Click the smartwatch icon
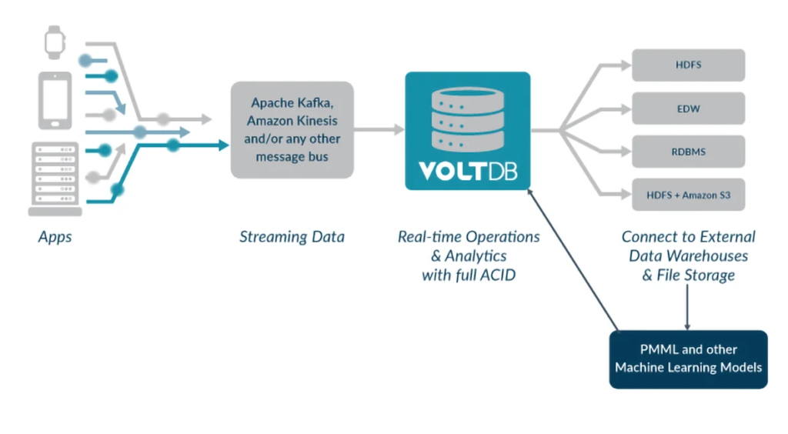pos(55,42)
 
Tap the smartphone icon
pos(55,101)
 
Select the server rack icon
pos(55,179)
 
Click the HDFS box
pos(688,65)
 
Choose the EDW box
pos(688,108)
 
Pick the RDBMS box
pos(688,152)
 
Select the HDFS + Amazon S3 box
pos(688,195)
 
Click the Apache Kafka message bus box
pos(292,129)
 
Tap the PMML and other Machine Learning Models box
pos(688,359)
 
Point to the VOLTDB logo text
pos(467,172)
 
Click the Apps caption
pos(55,236)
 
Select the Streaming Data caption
pos(292,236)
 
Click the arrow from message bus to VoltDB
pos(379,129)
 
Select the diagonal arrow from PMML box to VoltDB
pos(573,260)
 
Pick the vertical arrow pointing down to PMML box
pos(687,307)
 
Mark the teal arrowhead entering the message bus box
pos(224,145)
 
